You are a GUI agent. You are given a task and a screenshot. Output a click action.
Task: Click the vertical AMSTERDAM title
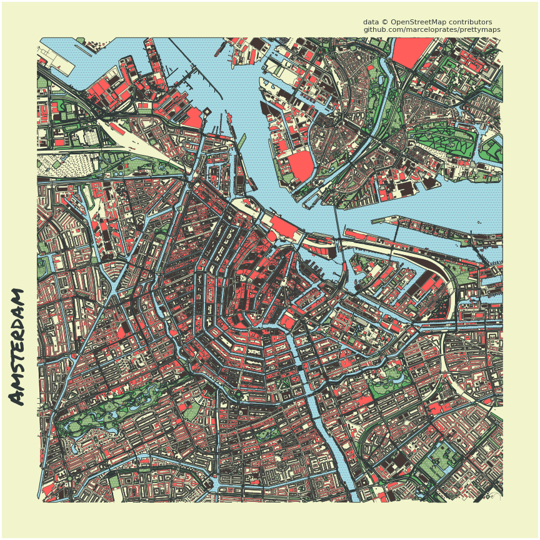(x=17, y=346)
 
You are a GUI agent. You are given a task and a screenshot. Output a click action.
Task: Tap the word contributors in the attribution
(x=471, y=22)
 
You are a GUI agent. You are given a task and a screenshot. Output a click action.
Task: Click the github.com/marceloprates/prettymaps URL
(x=431, y=29)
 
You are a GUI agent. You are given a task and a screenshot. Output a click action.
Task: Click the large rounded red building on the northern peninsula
(x=301, y=166)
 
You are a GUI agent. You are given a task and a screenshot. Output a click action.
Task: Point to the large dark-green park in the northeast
(x=437, y=137)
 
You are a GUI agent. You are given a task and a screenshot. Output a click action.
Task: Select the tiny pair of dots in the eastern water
(x=479, y=222)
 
